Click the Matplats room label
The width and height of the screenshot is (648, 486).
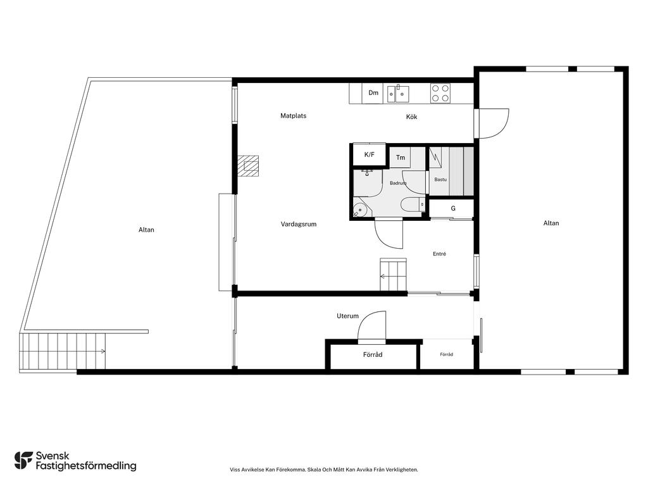pos(294,116)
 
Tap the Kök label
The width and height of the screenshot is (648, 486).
pos(411,117)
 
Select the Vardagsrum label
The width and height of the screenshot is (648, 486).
pos(299,224)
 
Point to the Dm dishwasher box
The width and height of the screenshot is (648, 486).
pos(373,93)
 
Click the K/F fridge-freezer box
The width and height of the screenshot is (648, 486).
pos(369,154)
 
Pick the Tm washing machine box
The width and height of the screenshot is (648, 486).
pos(401,158)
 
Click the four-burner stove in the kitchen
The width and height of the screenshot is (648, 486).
pos(440,93)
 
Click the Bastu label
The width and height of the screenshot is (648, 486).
pos(440,179)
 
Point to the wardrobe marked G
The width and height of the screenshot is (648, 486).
pos(452,209)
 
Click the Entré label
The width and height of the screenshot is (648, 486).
pos(439,254)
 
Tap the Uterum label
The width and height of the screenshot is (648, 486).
pos(347,316)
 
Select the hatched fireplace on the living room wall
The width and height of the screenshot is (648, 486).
pos(248,166)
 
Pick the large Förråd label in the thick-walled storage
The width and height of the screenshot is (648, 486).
pos(373,354)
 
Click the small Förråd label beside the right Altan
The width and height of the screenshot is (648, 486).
pos(446,354)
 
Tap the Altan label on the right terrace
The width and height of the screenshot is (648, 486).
pos(551,223)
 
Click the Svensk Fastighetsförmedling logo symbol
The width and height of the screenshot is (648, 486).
pos(23,461)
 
